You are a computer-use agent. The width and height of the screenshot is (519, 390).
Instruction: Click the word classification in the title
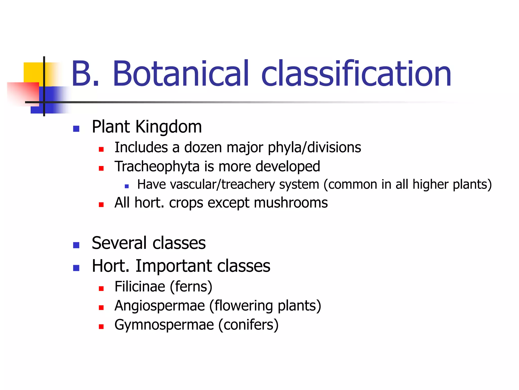[356, 74]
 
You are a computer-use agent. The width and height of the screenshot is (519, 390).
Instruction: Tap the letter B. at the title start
[85, 74]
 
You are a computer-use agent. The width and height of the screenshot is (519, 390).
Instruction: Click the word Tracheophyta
[157, 167]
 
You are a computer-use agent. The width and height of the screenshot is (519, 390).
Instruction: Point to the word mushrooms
[291, 203]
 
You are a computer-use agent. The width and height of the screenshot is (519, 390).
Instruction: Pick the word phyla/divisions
[314, 148]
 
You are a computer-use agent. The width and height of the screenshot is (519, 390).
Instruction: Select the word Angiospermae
[160, 306]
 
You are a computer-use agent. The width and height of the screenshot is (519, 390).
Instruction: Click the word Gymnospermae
[164, 325]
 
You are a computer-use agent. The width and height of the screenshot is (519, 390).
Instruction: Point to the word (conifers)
[248, 325]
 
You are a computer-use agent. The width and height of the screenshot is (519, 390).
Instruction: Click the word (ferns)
[191, 287]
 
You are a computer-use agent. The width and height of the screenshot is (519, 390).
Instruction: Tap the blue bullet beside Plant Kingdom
[76, 129]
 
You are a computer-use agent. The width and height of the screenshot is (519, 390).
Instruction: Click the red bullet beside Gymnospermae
[101, 327]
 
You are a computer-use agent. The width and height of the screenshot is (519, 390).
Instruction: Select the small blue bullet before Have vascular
[127, 186]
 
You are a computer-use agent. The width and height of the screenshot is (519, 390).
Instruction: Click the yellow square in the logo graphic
[33, 72]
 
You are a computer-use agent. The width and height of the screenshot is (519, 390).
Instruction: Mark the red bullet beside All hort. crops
[101, 205]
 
